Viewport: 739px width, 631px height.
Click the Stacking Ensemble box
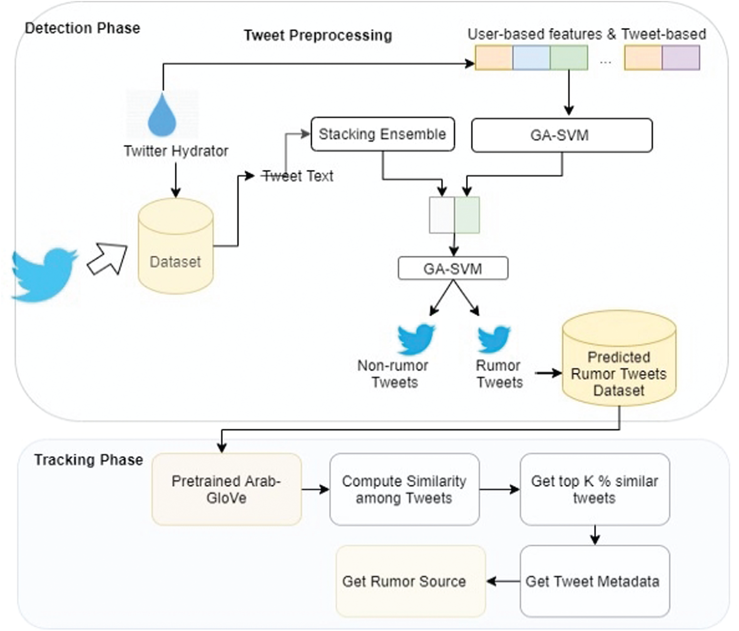click(383, 134)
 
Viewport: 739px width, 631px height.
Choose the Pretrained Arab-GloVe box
click(226, 489)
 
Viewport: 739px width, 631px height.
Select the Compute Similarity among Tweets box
click(404, 489)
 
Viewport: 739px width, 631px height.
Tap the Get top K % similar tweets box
click(594, 489)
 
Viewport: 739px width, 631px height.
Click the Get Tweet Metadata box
click(594, 581)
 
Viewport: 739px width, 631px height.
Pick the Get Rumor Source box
click(411, 581)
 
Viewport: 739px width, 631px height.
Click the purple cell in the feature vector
click(681, 57)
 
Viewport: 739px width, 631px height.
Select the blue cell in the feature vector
click(531, 57)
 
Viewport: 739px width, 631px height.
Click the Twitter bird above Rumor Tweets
click(494, 339)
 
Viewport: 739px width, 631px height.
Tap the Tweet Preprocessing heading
click(318, 35)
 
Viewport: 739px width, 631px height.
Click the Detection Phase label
click(82, 28)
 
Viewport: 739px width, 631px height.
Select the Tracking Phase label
click(88, 460)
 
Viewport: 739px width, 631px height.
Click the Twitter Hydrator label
click(176, 151)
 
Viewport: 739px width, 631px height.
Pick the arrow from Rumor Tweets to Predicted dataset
click(548, 374)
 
